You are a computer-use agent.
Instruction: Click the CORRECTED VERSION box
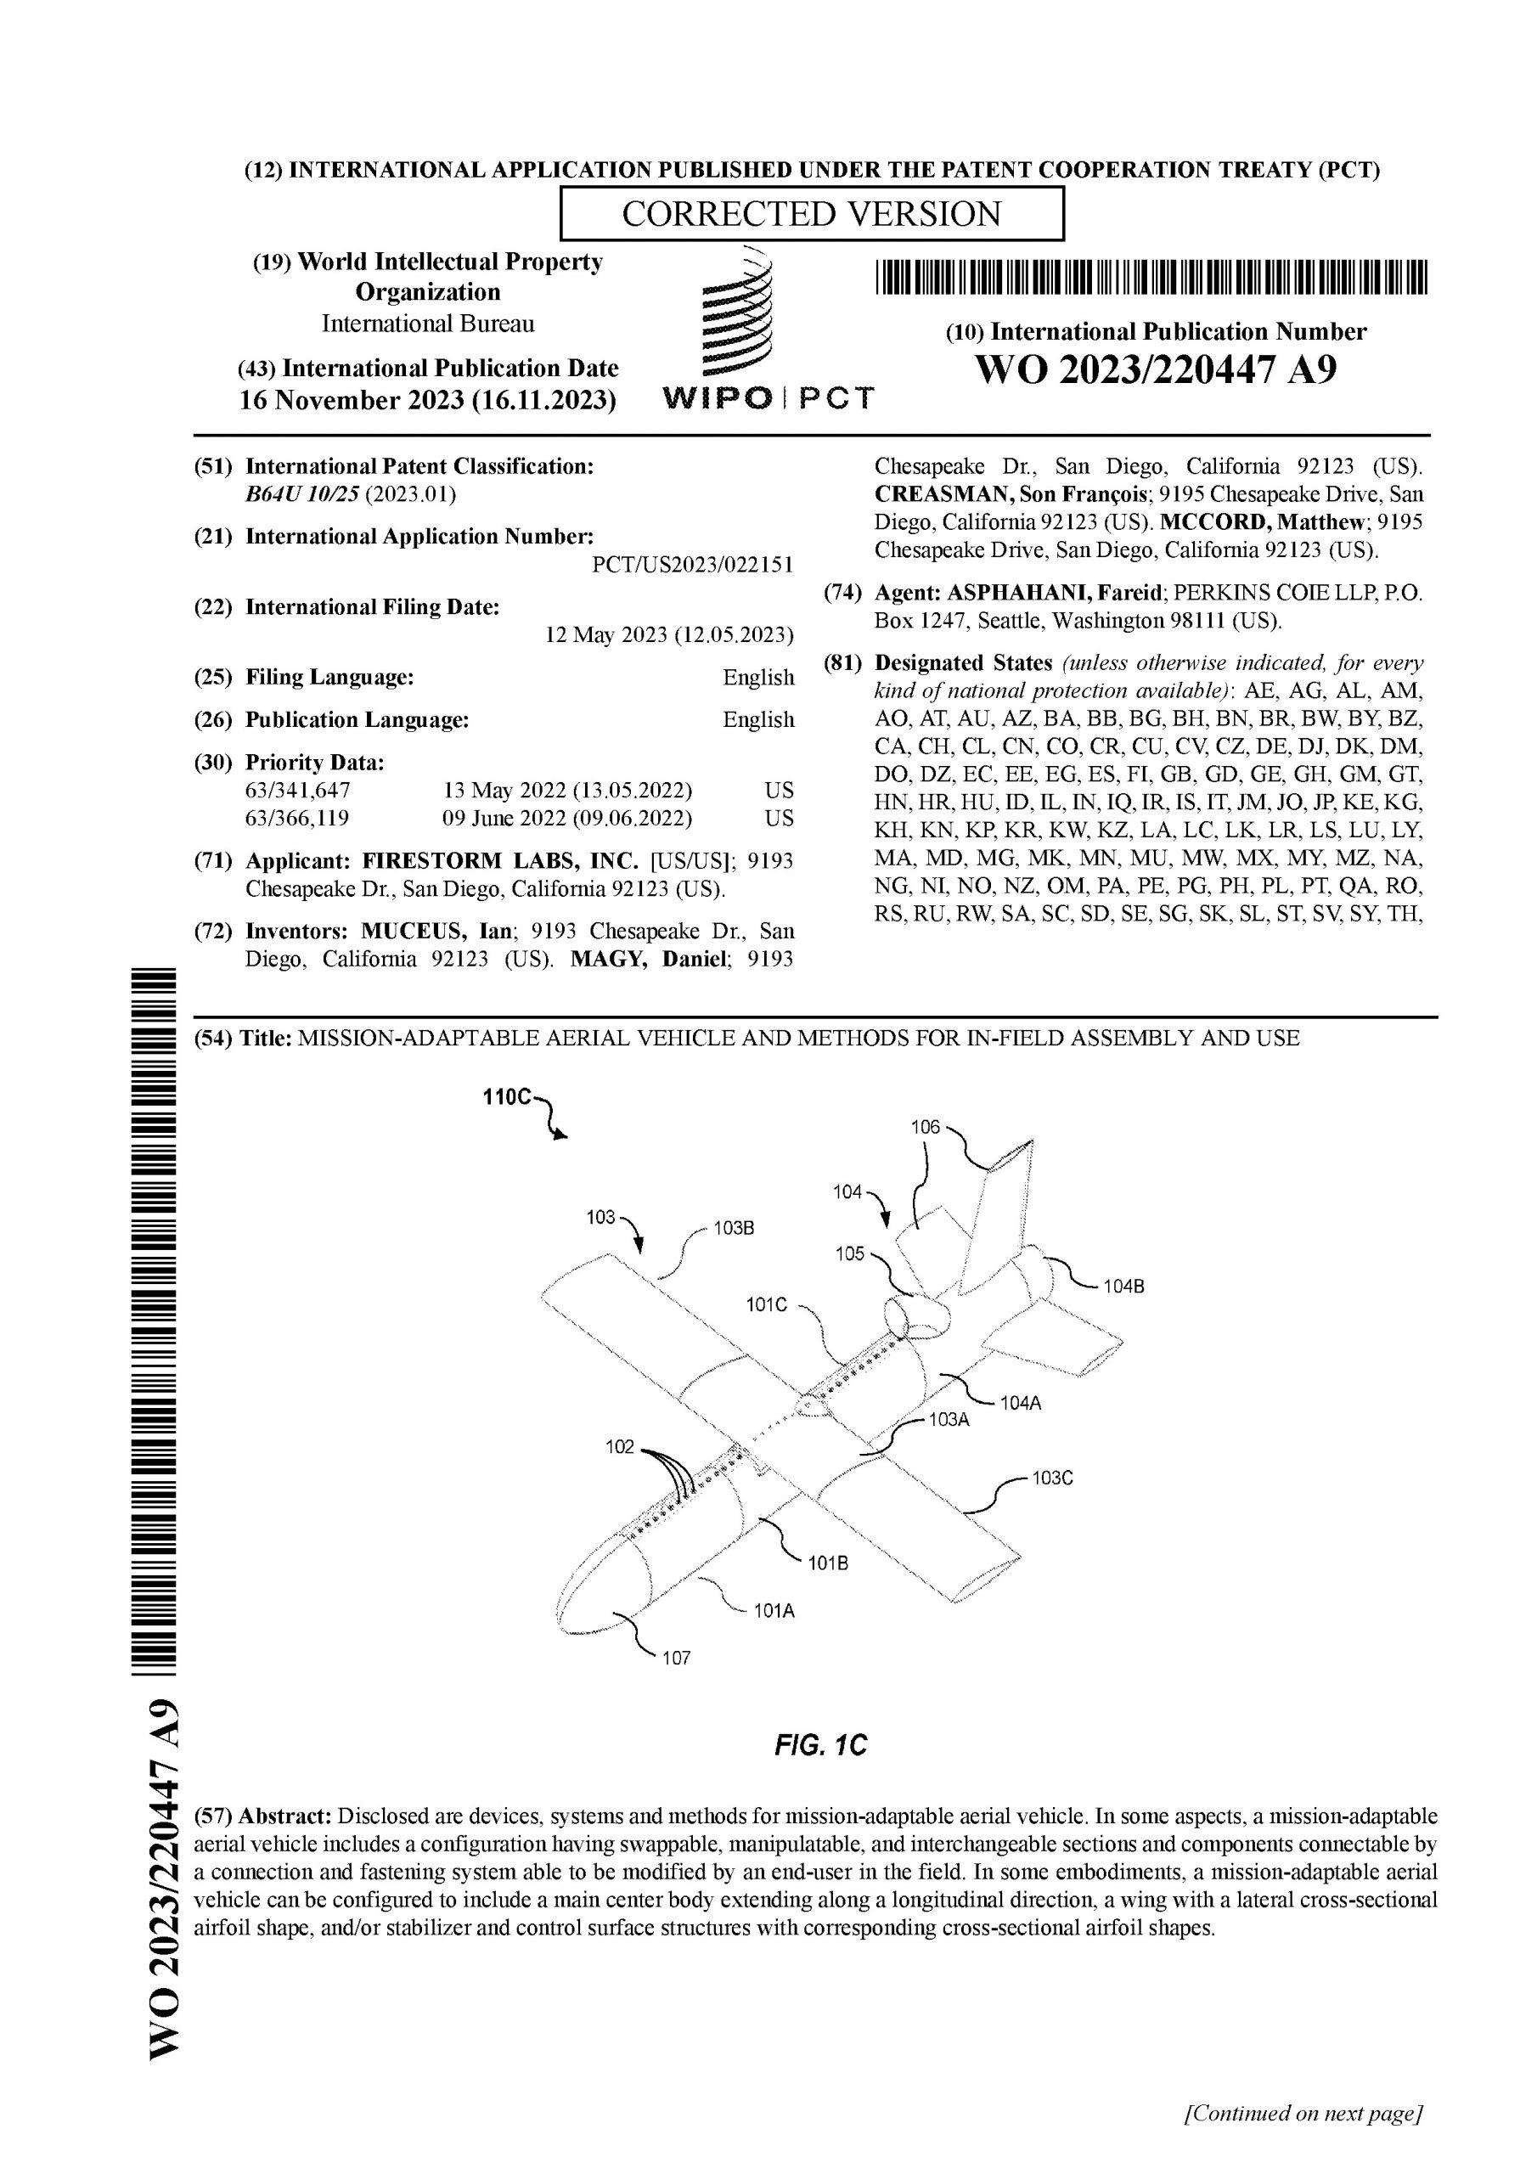(812, 214)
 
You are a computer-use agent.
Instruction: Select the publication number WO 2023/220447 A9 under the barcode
(1156, 369)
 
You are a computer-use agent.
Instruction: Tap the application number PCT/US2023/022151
(692, 566)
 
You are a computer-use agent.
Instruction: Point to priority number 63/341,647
(297, 791)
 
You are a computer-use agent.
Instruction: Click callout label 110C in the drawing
(508, 1097)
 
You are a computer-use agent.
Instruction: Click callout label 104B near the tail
(1123, 1287)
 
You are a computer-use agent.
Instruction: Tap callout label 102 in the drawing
(619, 1447)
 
